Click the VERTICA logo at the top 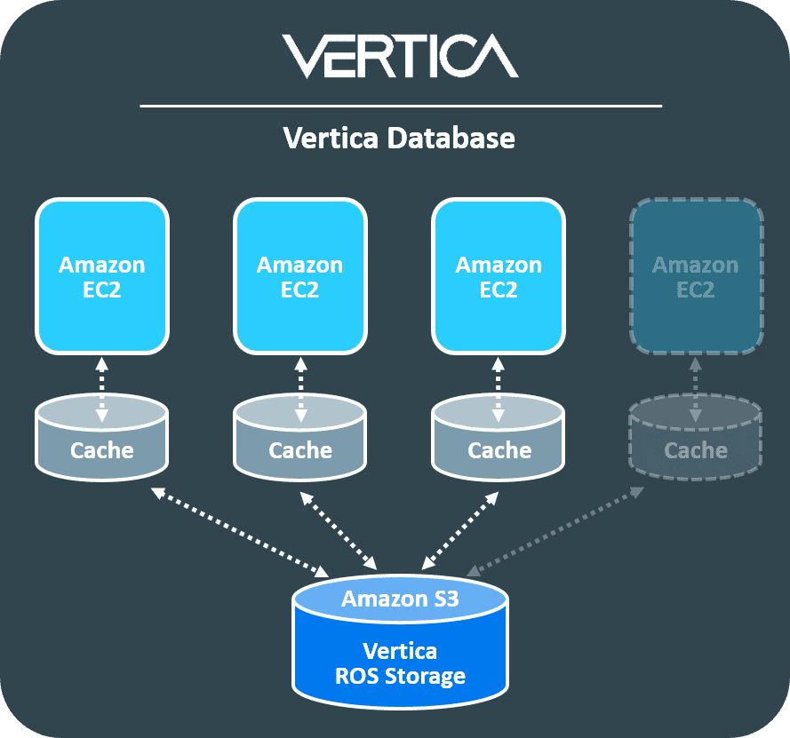(400, 56)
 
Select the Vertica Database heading (398, 139)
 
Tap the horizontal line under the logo (400, 107)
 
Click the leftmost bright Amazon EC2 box (102, 276)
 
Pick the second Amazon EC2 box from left (300, 276)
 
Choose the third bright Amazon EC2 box (499, 276)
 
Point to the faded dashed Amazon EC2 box (696, 276)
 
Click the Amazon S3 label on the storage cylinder (400, 599)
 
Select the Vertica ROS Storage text (400, 663)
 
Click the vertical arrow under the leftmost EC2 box (102, 389)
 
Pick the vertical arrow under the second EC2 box (300, 389)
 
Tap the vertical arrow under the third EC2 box (499, 389)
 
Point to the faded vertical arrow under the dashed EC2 (696, 389)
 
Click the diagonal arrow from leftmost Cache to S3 (239, 530)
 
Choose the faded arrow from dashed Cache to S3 (555, 530)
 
